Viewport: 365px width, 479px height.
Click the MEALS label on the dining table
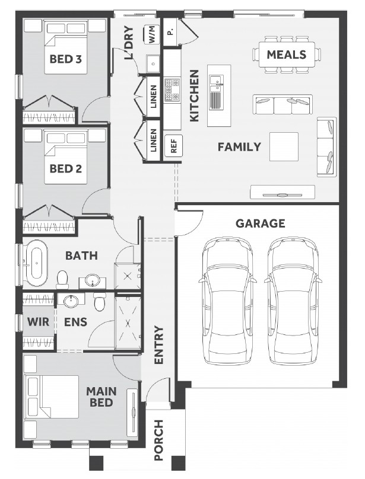pyautogui.click(x=287, y=55)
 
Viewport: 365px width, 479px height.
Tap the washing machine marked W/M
pyautogui.click(x=152, y=34)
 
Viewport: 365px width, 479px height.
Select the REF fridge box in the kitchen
pyautogui.click(x=173, y=146)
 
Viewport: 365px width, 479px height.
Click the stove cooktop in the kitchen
pyautogui.click(x=172, y=90)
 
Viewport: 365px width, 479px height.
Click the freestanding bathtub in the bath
pyautogui.click(x=36, y=263)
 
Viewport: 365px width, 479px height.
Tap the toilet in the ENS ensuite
pyautogui.click(x=100, y=301)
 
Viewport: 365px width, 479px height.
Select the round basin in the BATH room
pyautogui.click(x=92, y=280)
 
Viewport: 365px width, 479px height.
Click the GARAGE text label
pyautogui.click(x=261, y=223)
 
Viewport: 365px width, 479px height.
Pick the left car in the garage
pyautogui.click(x=227, y=301)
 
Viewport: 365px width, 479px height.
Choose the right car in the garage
pyautogui.click(x=293, y=301)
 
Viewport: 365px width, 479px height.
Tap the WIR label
pyautogui.click(x=38, y=322)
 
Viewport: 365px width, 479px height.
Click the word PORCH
pyautogui.click(x=159, y=440)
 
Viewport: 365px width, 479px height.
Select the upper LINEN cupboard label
pyautogui.click(x=154, y=97)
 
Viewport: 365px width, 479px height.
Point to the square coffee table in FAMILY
pyautogui.click(x=284, y=146)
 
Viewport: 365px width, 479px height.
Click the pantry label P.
pyautogui.click(x=170, y=32)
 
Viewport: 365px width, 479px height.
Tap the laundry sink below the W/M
pyautogui.click(x=153, y=63)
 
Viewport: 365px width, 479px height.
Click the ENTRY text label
pyautogui.click(x=159, y=345)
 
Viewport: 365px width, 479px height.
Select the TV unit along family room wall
pyautogui.click(x=283, y=193)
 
